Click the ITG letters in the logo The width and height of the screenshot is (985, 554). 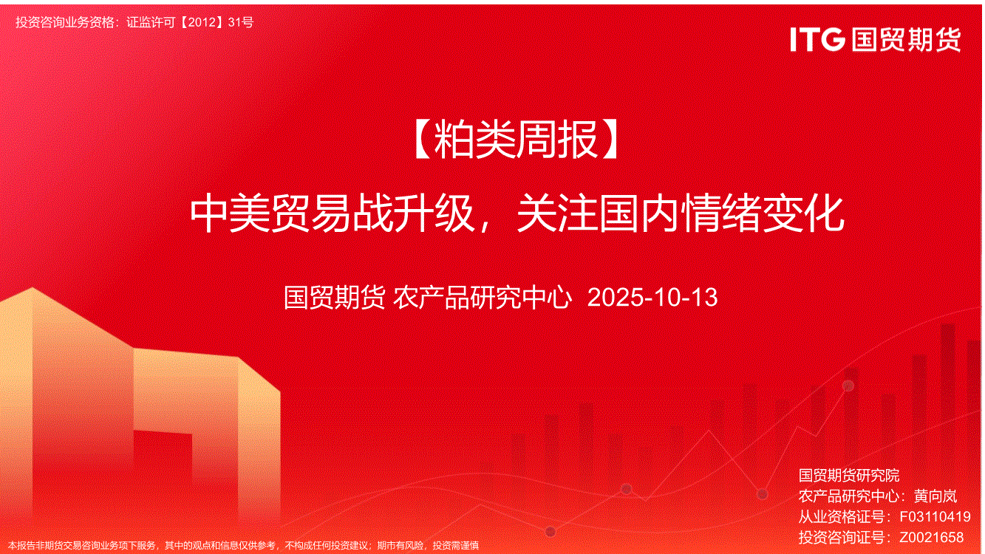click(x=817, y=39)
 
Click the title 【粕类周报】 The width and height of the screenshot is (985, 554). click(x=517, y=140)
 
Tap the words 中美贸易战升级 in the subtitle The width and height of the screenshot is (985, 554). click(x=333, y=214)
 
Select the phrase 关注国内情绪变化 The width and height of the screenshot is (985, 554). click(x=680, y=214)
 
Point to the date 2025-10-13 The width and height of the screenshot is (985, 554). click(x=652, y=297)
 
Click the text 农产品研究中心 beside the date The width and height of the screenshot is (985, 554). click(x=483, y=297)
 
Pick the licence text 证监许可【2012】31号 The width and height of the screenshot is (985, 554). click(x=190, y=22)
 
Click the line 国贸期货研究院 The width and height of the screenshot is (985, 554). click(x=849, y=475)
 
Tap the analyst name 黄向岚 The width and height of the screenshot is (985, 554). click(x=935, y=496)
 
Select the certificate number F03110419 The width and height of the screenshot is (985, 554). click(x=935, y=516)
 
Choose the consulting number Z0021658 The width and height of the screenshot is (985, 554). click(x=931, y=537)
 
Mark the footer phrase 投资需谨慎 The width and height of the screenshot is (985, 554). click(x=456, y=546)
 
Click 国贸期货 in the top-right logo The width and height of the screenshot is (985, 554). click(x=906, y=40)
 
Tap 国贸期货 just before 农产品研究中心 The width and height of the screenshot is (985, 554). click(x=335, y=297)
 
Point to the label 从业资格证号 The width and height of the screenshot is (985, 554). click(x=841, y=516)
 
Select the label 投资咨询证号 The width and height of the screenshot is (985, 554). click(x=841, y=537)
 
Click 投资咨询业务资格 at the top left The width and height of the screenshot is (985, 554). click(x=65, y=22)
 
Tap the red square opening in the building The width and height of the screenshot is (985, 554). click(x=163, y=454)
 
